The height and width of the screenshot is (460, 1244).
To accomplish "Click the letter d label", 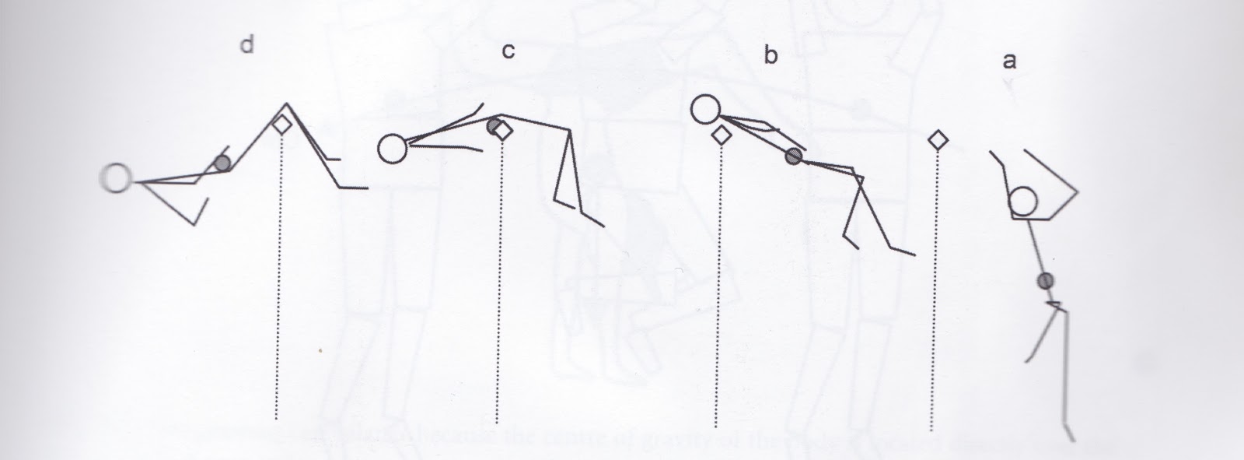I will click(x=246, y=46).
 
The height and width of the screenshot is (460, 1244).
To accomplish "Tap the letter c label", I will click(x=508, y=52).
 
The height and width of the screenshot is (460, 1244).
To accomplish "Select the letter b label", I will click(x=771, y=57).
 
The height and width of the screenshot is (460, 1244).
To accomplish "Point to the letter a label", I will click(x=1009, y=61).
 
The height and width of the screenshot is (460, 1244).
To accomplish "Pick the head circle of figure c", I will click(x=393, y=149).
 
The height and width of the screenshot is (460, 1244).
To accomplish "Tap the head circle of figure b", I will click(x=705, y=108).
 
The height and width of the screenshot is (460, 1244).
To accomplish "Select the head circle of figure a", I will click(x=1024, y=202).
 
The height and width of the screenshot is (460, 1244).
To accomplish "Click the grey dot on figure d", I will click(x=222, y=163).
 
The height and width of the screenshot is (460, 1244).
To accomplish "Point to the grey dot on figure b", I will click(x=793, y=156).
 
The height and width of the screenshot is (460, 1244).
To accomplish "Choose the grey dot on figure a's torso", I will click(x=1046, y=280).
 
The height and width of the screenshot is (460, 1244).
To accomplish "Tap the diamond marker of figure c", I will click(x=504, y=131).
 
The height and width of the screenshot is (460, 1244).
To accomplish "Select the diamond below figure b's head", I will click(x=722, y=135).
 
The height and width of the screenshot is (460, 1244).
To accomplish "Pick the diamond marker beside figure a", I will click(x=938, y=140).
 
